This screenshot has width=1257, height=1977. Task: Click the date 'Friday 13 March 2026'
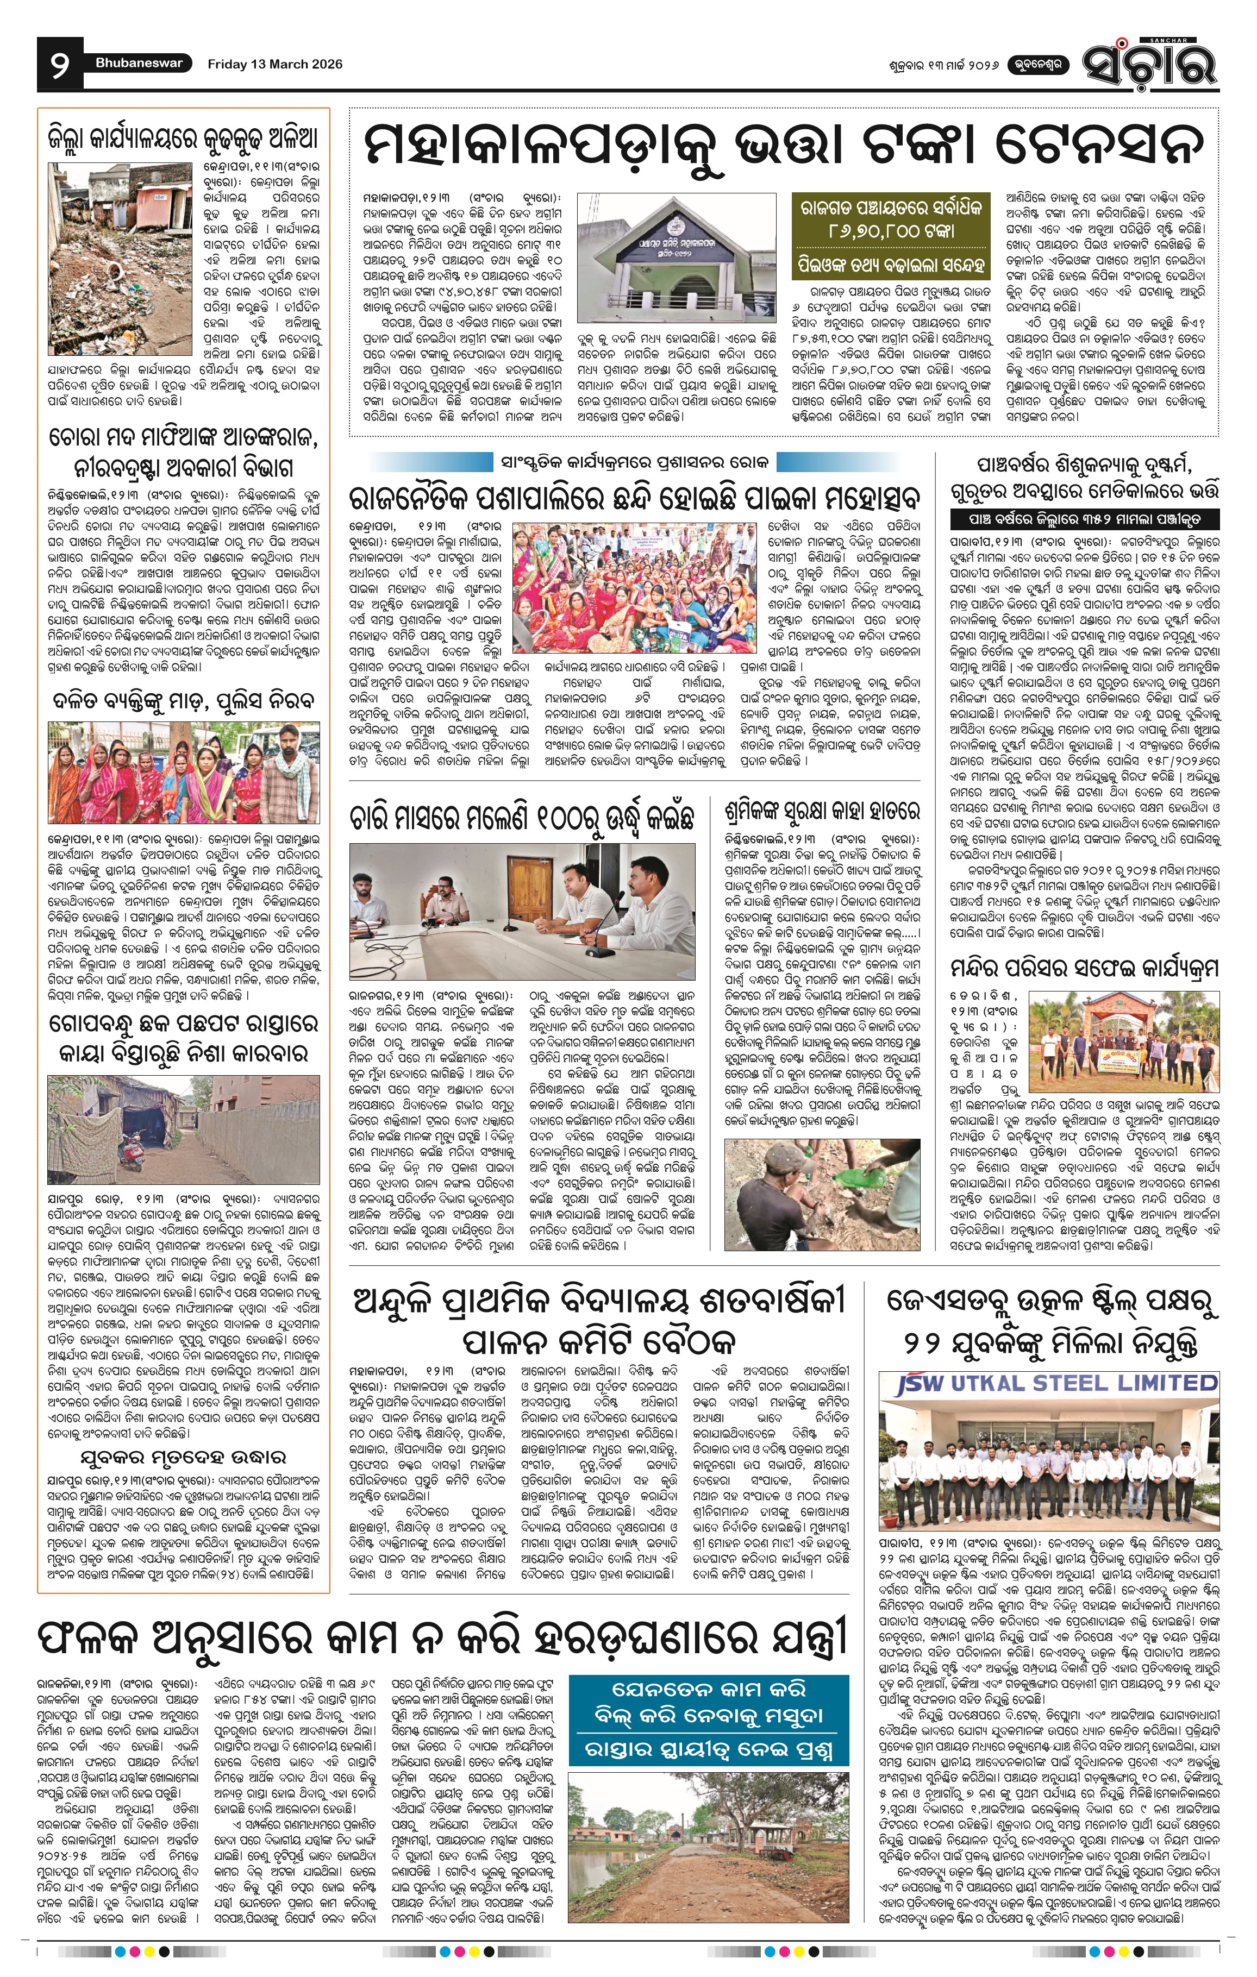click(274, 64)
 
